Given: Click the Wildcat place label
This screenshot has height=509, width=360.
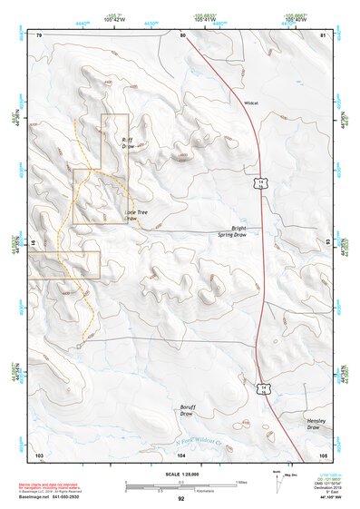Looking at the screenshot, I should [251, 103].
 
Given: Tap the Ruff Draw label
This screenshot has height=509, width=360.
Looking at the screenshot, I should [128, 142].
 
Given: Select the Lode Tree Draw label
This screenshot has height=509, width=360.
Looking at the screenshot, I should [136, 215].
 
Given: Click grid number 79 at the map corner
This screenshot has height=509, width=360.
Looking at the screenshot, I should [39, 35].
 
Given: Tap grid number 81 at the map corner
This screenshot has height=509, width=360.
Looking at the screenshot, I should [323, 35].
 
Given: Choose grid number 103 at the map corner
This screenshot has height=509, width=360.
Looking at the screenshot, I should [39, 454].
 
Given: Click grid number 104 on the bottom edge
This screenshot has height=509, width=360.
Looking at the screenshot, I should [181, 454].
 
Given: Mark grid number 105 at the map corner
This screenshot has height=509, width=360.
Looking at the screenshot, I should [322, 454].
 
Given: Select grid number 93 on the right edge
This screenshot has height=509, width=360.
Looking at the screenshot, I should [328, 242].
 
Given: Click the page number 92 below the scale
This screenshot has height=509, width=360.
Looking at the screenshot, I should [180, 499].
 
